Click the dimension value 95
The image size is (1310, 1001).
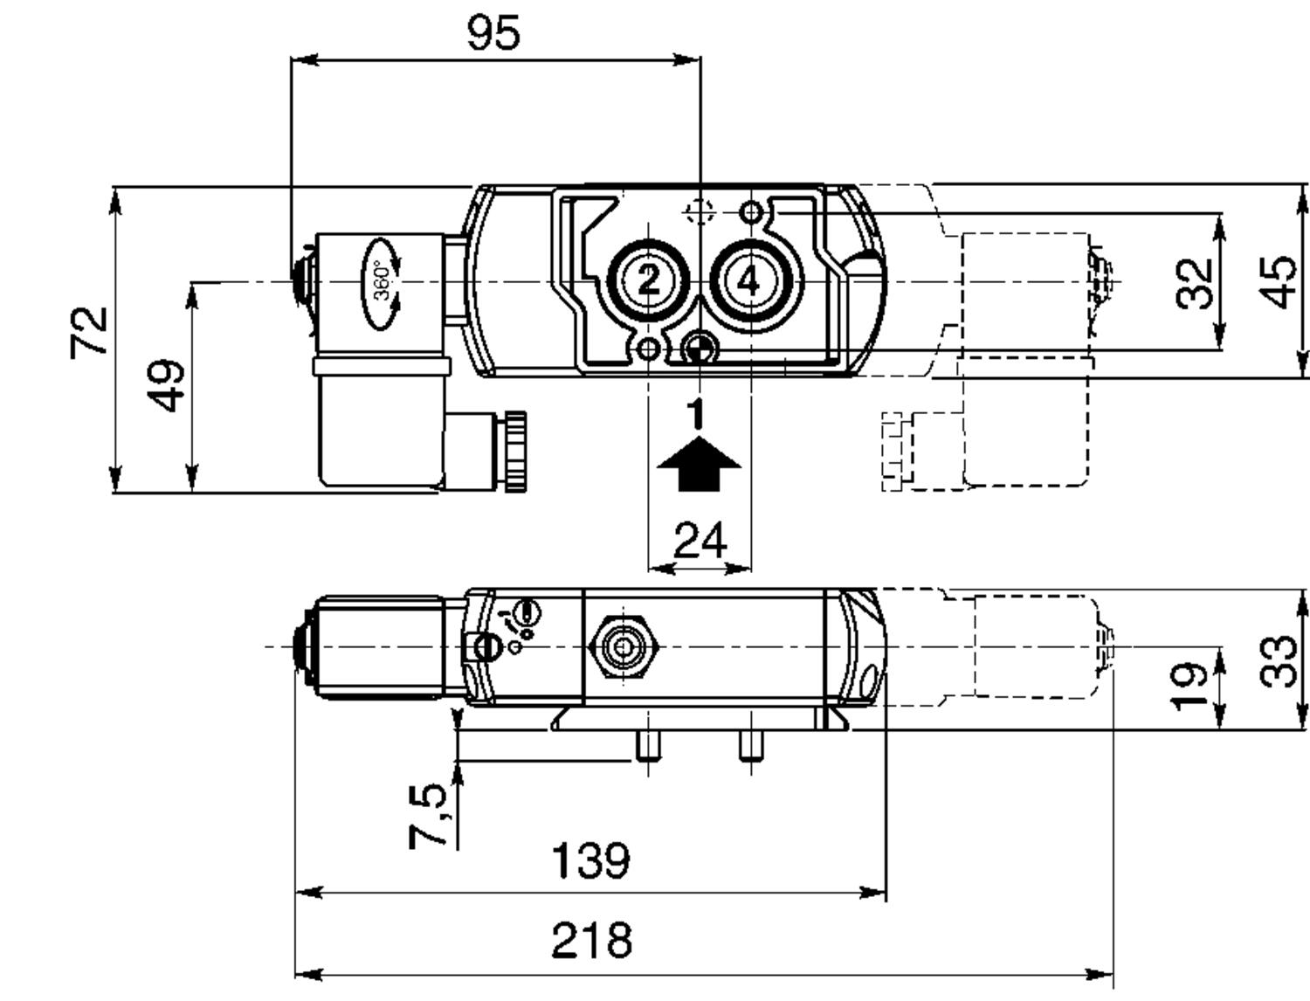tap(493, 33)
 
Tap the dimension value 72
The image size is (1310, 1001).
tap(89, 333)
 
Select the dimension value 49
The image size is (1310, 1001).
tap(166, 385)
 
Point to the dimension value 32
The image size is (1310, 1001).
tap(1194, 284)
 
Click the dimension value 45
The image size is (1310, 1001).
tap(1277, 282)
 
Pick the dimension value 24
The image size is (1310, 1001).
tap(700, 540)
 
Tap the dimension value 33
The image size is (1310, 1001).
tap(1277, 662)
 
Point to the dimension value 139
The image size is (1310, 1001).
tap(591, 860)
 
